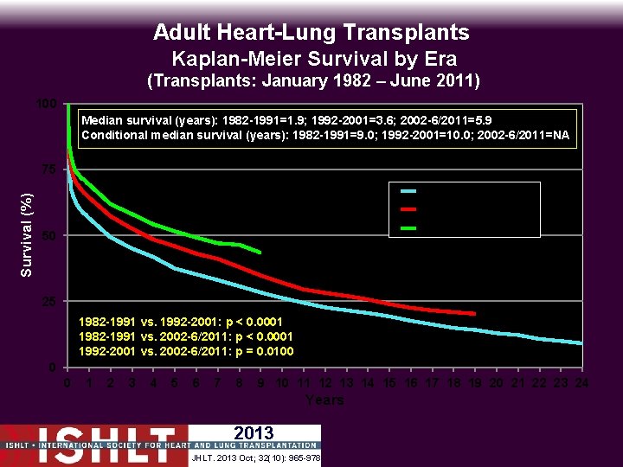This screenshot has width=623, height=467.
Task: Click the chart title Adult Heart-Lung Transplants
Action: [311, 33]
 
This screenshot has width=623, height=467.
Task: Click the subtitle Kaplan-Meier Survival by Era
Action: [314, 59]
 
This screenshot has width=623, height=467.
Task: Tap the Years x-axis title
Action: [324, 400]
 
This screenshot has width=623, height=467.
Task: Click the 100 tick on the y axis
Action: [47, 105]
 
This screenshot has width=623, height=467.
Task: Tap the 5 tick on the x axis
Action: [175, 383]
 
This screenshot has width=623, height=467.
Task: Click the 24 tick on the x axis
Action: [582, 383]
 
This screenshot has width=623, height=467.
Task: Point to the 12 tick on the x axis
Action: [325, 383]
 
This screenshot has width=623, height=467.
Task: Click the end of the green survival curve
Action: [260, 252]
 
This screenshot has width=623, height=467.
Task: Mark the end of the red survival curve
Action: [474, 313]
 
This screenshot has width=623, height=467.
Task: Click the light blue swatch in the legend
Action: [409, 190]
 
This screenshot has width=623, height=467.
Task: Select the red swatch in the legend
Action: [409, 209]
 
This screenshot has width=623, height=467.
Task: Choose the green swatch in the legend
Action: [409, 228]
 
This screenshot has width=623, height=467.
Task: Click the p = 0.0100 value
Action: [260, 351]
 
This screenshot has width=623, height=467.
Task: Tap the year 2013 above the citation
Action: [254, 433]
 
